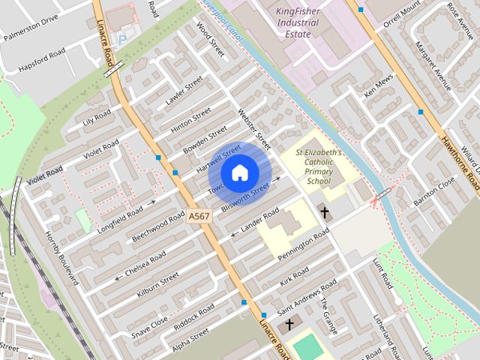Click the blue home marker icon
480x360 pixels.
tap(239, 173)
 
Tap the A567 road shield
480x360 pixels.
tap(199, 216)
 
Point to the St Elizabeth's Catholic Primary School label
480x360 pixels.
tap(318, 166)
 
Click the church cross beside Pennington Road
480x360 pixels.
tap(325, 212)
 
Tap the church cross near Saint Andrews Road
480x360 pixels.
tap(289, 325)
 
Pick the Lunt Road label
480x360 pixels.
tap(382, 274)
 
